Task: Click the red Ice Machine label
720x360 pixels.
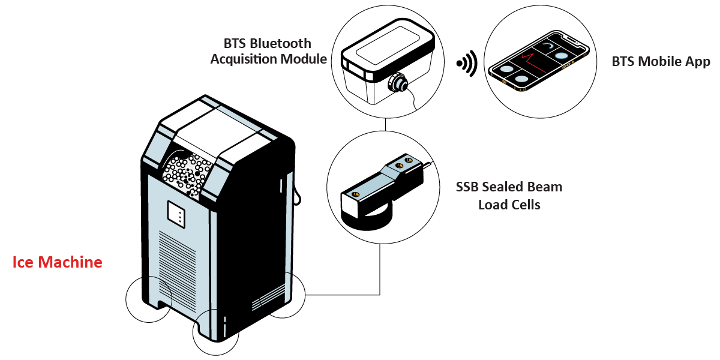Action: [57, 262]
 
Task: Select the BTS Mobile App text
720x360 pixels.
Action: [661, 62]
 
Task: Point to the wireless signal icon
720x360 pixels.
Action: [467, 64]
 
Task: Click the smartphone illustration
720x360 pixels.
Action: [539, 61]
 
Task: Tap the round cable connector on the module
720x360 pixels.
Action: [398, 83]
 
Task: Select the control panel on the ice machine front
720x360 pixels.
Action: [176, 215]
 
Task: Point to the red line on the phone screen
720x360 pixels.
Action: [533, 62]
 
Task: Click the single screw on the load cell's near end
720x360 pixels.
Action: [355, 194]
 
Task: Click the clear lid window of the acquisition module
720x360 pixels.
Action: [388, 45]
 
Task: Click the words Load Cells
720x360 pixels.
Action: [509, 205]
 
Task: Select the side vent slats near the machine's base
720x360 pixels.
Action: [268, 298]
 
